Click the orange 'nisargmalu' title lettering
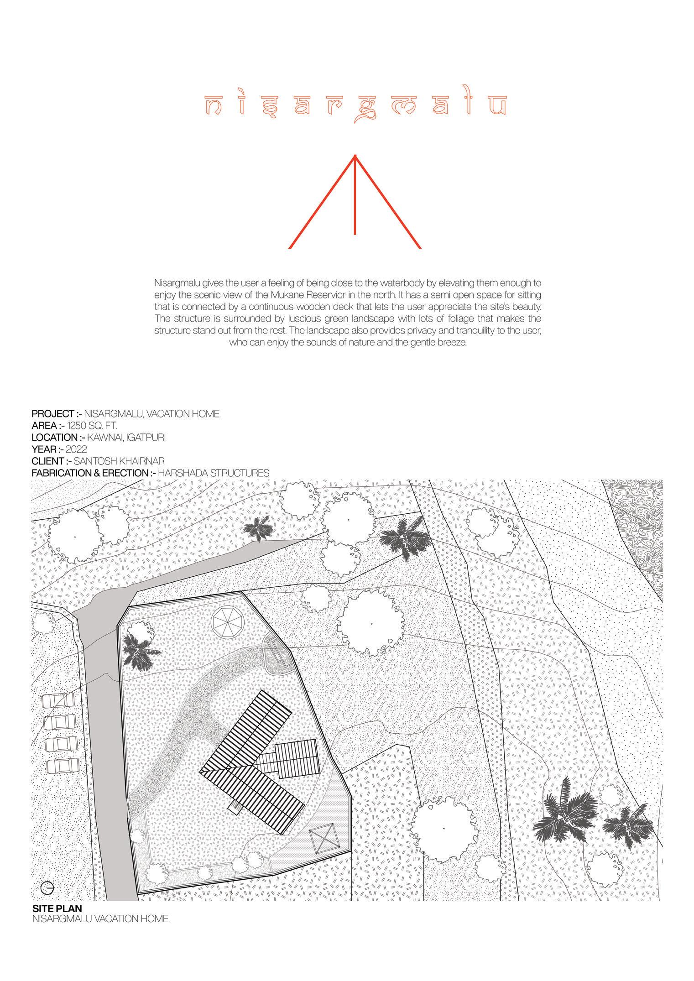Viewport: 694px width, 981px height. tap(355, 106)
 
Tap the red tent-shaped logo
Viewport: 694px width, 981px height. tap(355, 203)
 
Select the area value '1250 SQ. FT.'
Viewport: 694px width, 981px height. tap(92, 426)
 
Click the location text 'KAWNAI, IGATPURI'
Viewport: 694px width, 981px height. tap(126, 438)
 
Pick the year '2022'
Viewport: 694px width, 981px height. tap(76, 449)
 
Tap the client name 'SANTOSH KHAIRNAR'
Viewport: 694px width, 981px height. tap(122, 461)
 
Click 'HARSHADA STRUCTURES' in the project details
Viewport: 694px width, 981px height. tap(214, 473)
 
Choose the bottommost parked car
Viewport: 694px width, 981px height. tap(63, 765)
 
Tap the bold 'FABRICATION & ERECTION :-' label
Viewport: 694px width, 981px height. tap(94, 473)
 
